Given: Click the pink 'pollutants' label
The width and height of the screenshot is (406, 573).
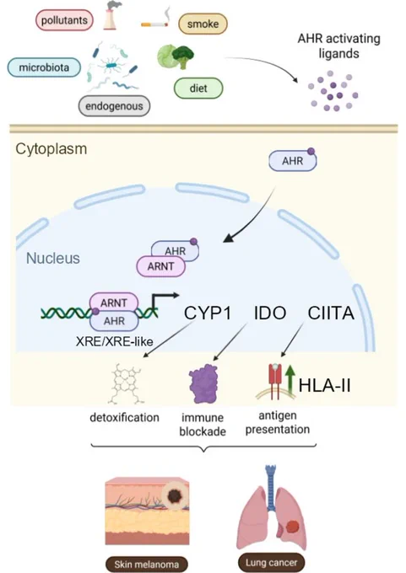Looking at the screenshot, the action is click(x=64, y=19).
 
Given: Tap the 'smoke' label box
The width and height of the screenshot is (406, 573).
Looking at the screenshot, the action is click(x=203, y=24).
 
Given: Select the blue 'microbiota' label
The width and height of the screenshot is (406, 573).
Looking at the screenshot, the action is click(x=44, y=67).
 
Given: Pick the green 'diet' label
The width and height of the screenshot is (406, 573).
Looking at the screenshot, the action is click(x=198, y=88).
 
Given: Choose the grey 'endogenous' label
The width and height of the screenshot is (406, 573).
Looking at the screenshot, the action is click(x=114, y=106).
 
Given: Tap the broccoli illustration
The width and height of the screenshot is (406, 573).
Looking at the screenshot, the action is click(x=183, y=56).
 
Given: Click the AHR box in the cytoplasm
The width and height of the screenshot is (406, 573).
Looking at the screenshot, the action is click(x=293, y=161).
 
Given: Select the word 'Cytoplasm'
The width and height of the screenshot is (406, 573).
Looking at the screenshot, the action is click(x=51, y=149).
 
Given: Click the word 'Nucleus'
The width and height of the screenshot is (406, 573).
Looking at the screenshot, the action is click(x=53, y=258).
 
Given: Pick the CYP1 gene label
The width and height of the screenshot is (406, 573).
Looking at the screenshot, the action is click(x=208, y=313).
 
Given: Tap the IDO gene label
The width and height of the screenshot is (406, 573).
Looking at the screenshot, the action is click(x=270, y=313).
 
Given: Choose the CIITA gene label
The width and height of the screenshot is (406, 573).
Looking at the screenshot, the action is click(x=331, y=313).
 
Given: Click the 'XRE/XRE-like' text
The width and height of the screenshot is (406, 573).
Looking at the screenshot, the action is click(x=115, y=341).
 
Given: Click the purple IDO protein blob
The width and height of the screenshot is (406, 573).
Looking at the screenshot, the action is click(x=203, y=383).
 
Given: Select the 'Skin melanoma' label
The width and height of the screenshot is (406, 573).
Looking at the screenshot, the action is click(x=146, y=565).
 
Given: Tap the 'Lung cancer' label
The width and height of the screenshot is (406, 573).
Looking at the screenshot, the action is click(x=271, y=562).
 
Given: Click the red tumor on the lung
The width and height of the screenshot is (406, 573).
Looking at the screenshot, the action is click(x=292, y=527).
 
